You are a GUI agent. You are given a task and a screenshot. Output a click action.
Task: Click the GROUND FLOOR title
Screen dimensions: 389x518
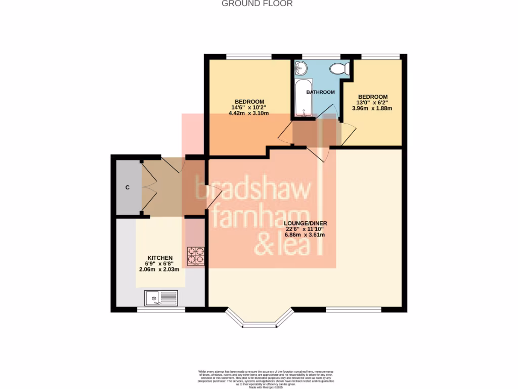click(257, 4)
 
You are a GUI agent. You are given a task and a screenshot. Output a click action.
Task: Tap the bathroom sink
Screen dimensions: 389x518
click(300, 67)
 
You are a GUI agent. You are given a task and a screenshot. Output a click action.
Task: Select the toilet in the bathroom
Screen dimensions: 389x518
click(338, 68)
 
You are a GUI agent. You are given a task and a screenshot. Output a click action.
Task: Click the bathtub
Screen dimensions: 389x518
click(303, 97)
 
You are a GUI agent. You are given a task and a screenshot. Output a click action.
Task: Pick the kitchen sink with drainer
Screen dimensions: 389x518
click(161, 298)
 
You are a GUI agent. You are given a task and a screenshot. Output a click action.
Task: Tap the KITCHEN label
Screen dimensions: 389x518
click(160, 257)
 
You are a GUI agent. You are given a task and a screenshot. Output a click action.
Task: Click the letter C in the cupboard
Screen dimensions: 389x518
click(127, 187)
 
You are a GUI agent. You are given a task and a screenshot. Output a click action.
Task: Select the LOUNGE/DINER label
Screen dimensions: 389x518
click(306, 223)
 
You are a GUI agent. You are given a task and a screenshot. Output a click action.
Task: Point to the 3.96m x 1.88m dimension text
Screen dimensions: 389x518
click(375, 108)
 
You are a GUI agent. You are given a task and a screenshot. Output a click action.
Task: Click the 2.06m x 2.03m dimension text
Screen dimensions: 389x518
click(160, 269)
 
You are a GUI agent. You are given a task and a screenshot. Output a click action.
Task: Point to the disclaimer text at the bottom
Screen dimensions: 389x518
click(259, 378)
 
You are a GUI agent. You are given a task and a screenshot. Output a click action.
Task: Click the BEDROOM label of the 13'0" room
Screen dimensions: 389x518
click(373, 97)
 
